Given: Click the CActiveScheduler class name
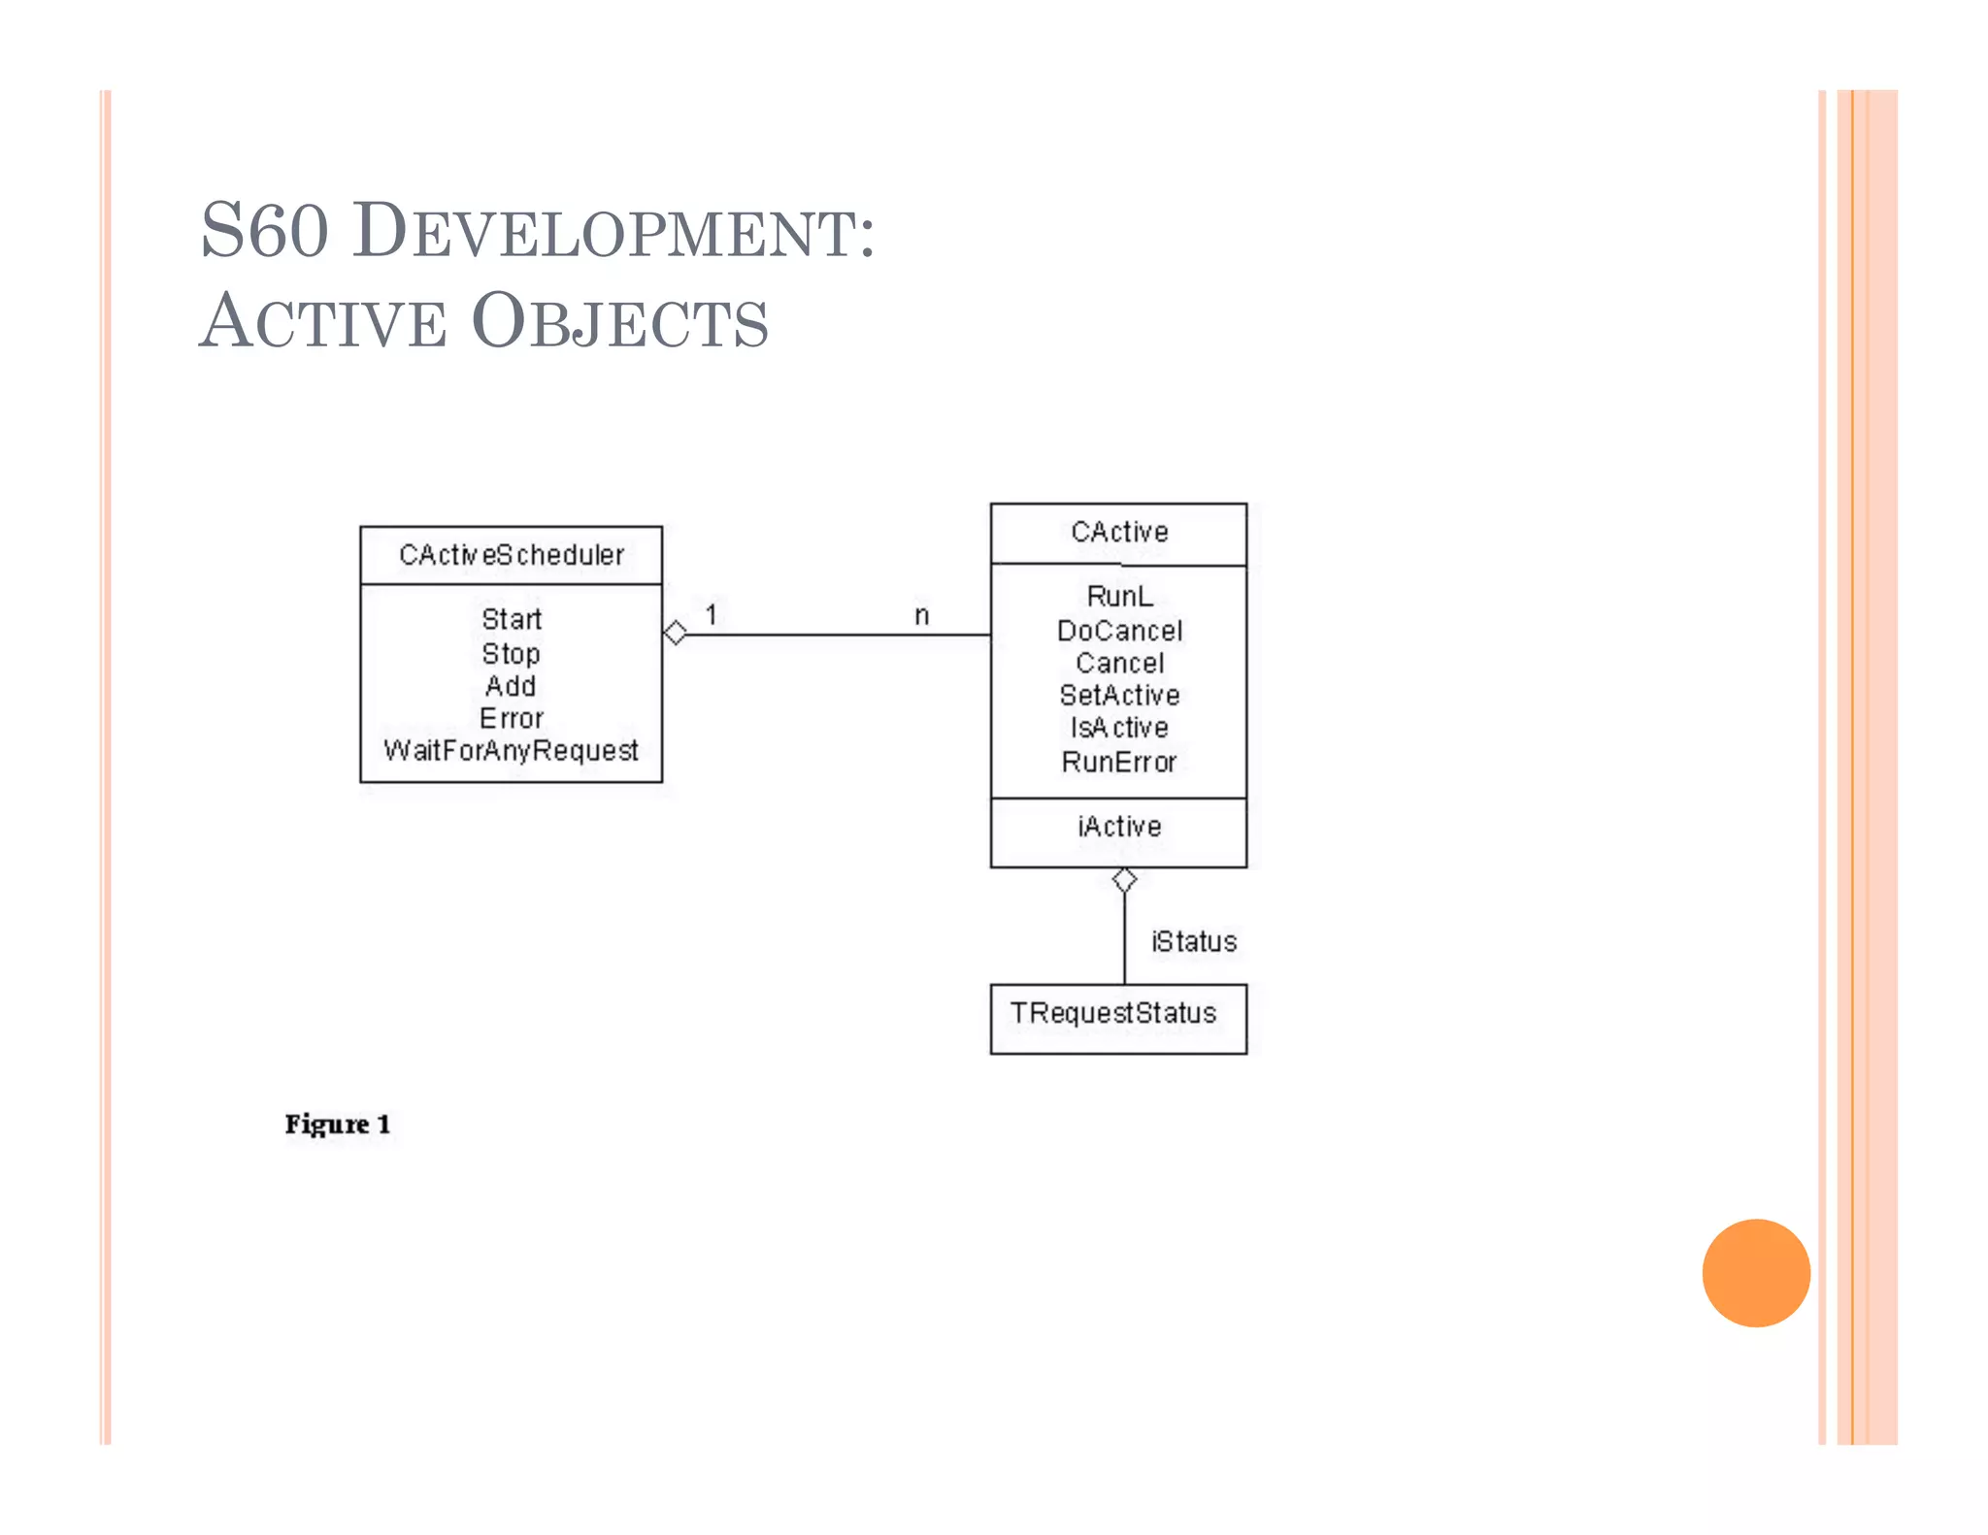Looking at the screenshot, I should tap(512, 555).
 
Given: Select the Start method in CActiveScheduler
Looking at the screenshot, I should tap(512, 619).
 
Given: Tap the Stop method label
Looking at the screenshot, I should tap(511, 653).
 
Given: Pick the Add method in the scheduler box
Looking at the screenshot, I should tap(511, 686).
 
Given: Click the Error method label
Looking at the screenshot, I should tap(512, 718).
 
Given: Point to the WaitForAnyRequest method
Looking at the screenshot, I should tap(511, 750).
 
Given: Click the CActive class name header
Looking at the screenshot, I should tap(1119, 532).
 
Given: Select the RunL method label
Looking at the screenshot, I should tap(1119, 596).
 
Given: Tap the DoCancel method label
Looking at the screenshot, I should tap(1119, 631).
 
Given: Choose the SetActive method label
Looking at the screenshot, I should tap(1119, 695).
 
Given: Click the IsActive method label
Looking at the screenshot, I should tap(1119, 728).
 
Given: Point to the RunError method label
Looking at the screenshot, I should tap(1119, 762).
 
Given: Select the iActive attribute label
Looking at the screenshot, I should tap(1119, 827).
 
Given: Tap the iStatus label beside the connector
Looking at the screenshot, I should tap(1194, 941).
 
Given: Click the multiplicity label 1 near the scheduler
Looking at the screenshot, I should tap(712, 614).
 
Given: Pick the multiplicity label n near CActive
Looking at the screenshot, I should tap(922, 615).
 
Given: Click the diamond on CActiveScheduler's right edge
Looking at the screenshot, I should tap(676, 634).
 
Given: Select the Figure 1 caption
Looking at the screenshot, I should tap(338, 1124).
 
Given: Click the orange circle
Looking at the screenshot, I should tap(1756, 1272).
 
